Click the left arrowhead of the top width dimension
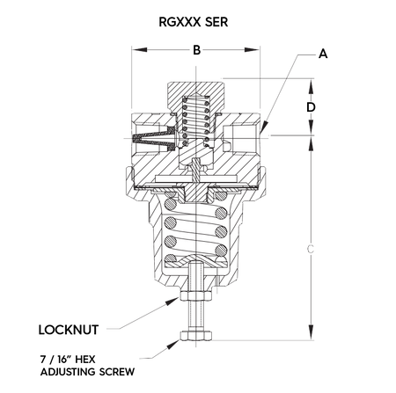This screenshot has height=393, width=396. (x=134, y=47)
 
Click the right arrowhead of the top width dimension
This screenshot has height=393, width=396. (x=260, y=47)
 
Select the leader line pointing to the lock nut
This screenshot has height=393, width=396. (x=141, y=317)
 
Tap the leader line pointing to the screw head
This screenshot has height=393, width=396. (x=158, y=351)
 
